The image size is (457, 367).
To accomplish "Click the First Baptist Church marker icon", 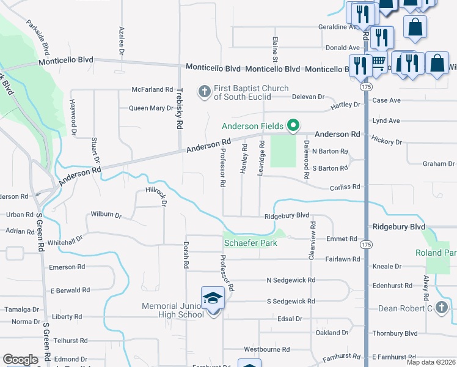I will (x=204, y=92).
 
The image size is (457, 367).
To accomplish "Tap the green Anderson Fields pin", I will (x=293, y=126).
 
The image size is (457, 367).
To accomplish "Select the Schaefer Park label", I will (x=250, y=243).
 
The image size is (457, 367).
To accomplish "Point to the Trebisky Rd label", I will (x=180, y=108).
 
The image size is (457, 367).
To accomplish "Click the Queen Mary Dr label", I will (x=151, y=108).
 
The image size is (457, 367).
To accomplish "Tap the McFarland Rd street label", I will (x=153, y=89).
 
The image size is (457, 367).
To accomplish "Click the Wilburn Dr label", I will (x=106, y=215).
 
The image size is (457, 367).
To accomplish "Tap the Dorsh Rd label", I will (x=186, y=255).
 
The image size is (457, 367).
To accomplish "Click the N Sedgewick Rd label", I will (x=291, y=280).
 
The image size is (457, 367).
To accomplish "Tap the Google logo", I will (x=20, y=360).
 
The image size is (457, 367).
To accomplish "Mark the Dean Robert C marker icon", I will (x=442, y=308).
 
